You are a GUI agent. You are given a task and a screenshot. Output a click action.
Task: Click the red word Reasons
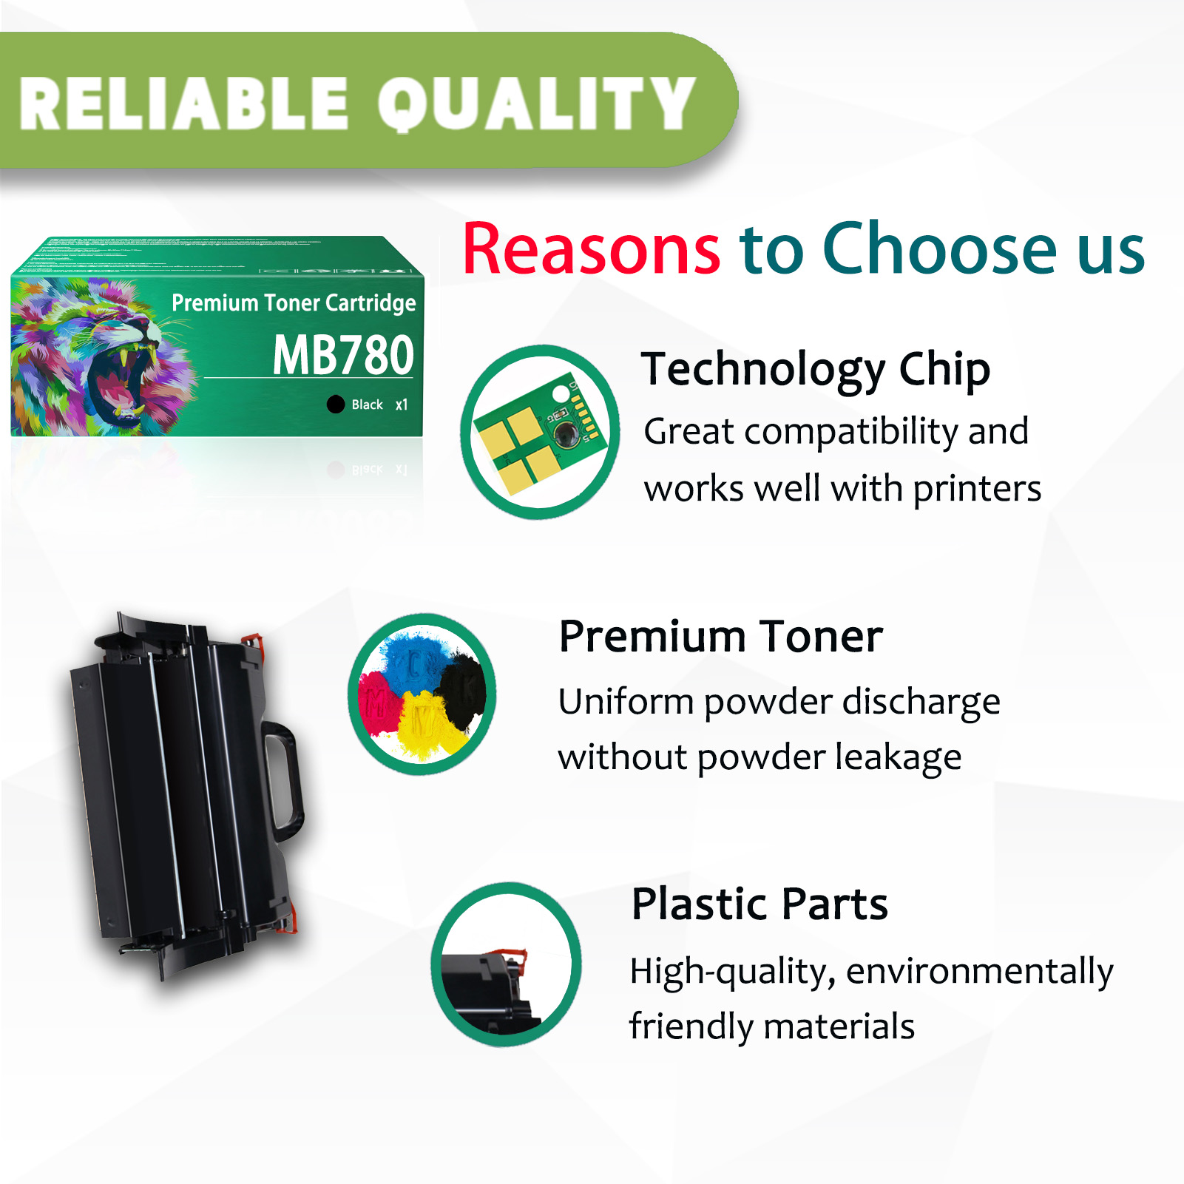tap(591, 249)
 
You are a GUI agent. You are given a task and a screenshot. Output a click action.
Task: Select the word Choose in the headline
tap(940, 249)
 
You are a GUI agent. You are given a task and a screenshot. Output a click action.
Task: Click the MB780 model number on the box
tap(343, 356)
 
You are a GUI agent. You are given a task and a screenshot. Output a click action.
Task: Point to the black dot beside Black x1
tap(336, 404)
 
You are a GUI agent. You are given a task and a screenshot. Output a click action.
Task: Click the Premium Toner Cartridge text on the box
tap(294, 302)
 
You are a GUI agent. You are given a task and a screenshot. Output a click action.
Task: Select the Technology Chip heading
tap(815, 369)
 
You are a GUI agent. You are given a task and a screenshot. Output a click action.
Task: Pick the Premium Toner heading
tap(720, 636)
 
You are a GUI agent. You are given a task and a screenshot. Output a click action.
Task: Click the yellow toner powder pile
tap(424, 725)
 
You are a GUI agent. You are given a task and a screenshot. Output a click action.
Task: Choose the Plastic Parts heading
tap(760, 904)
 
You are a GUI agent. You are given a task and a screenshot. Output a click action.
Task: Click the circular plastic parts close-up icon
tap(507, 964)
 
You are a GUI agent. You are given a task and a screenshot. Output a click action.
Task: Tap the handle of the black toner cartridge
tap(285, 784)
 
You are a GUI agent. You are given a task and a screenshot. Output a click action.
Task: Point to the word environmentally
tap(979, 971)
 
